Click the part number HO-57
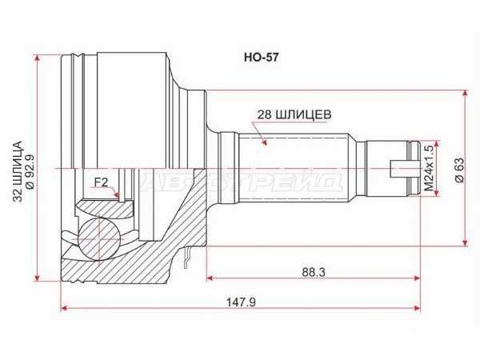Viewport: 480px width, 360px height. point(261,58)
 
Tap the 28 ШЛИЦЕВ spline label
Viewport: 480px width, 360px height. point(294,114)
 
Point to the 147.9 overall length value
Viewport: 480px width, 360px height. point(241,302)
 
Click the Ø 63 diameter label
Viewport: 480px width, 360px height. point(459,170)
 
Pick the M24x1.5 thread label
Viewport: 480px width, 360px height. point(429,168)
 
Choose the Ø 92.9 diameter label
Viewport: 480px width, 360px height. point(31,171)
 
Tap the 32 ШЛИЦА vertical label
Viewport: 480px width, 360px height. point(18,171)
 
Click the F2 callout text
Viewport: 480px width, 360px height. point(101,182)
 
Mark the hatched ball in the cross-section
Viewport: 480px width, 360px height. point(99,238)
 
